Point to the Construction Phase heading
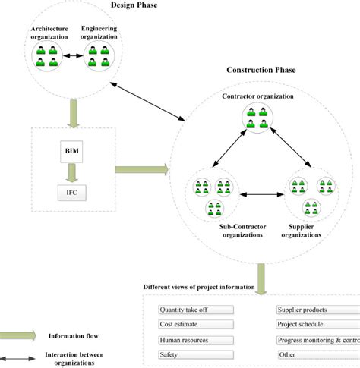coord(261,71)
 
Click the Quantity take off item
coord(195,310)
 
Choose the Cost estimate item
coord(195,325)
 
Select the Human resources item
coord(195,340)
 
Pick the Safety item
coord(195,355)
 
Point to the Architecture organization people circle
coord(46,56)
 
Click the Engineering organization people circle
coord(99,56)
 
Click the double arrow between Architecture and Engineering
coord(73,56)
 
